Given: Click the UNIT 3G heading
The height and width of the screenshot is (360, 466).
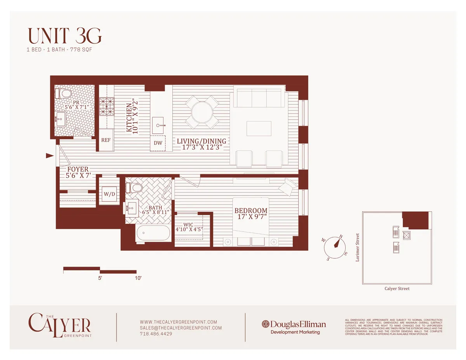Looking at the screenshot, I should point(64,36).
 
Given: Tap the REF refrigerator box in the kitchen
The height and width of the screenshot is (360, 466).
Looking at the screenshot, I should point(106,140).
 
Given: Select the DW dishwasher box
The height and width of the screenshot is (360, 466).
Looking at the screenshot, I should point(158,143).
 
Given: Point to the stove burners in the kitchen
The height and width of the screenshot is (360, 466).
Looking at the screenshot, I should point(106,106).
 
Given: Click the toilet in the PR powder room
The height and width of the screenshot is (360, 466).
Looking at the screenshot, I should point(63,93).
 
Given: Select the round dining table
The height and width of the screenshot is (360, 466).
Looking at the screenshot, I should point(202,112).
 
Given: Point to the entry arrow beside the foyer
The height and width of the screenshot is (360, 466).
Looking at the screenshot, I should point(50,156).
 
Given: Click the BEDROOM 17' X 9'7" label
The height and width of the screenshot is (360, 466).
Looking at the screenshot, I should point(250,214).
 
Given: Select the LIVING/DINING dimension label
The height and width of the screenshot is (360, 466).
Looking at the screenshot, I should point(201,144).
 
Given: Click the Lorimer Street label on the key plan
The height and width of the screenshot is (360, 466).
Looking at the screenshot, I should point(358,247).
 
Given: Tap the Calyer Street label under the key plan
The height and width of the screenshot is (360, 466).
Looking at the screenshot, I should point(397,288).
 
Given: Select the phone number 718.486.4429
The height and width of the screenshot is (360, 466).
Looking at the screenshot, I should point(156,334).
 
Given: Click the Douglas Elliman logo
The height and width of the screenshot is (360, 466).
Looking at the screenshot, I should point(294,324).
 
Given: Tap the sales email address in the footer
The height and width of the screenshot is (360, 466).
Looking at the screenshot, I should point(180,328).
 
